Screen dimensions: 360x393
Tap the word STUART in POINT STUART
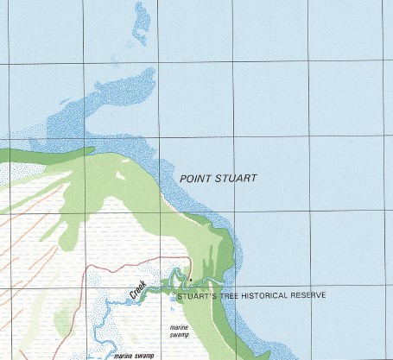[x=236, y=178]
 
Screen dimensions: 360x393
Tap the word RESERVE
[x=320, y=295]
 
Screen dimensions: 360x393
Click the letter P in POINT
[x=182, y=178]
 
